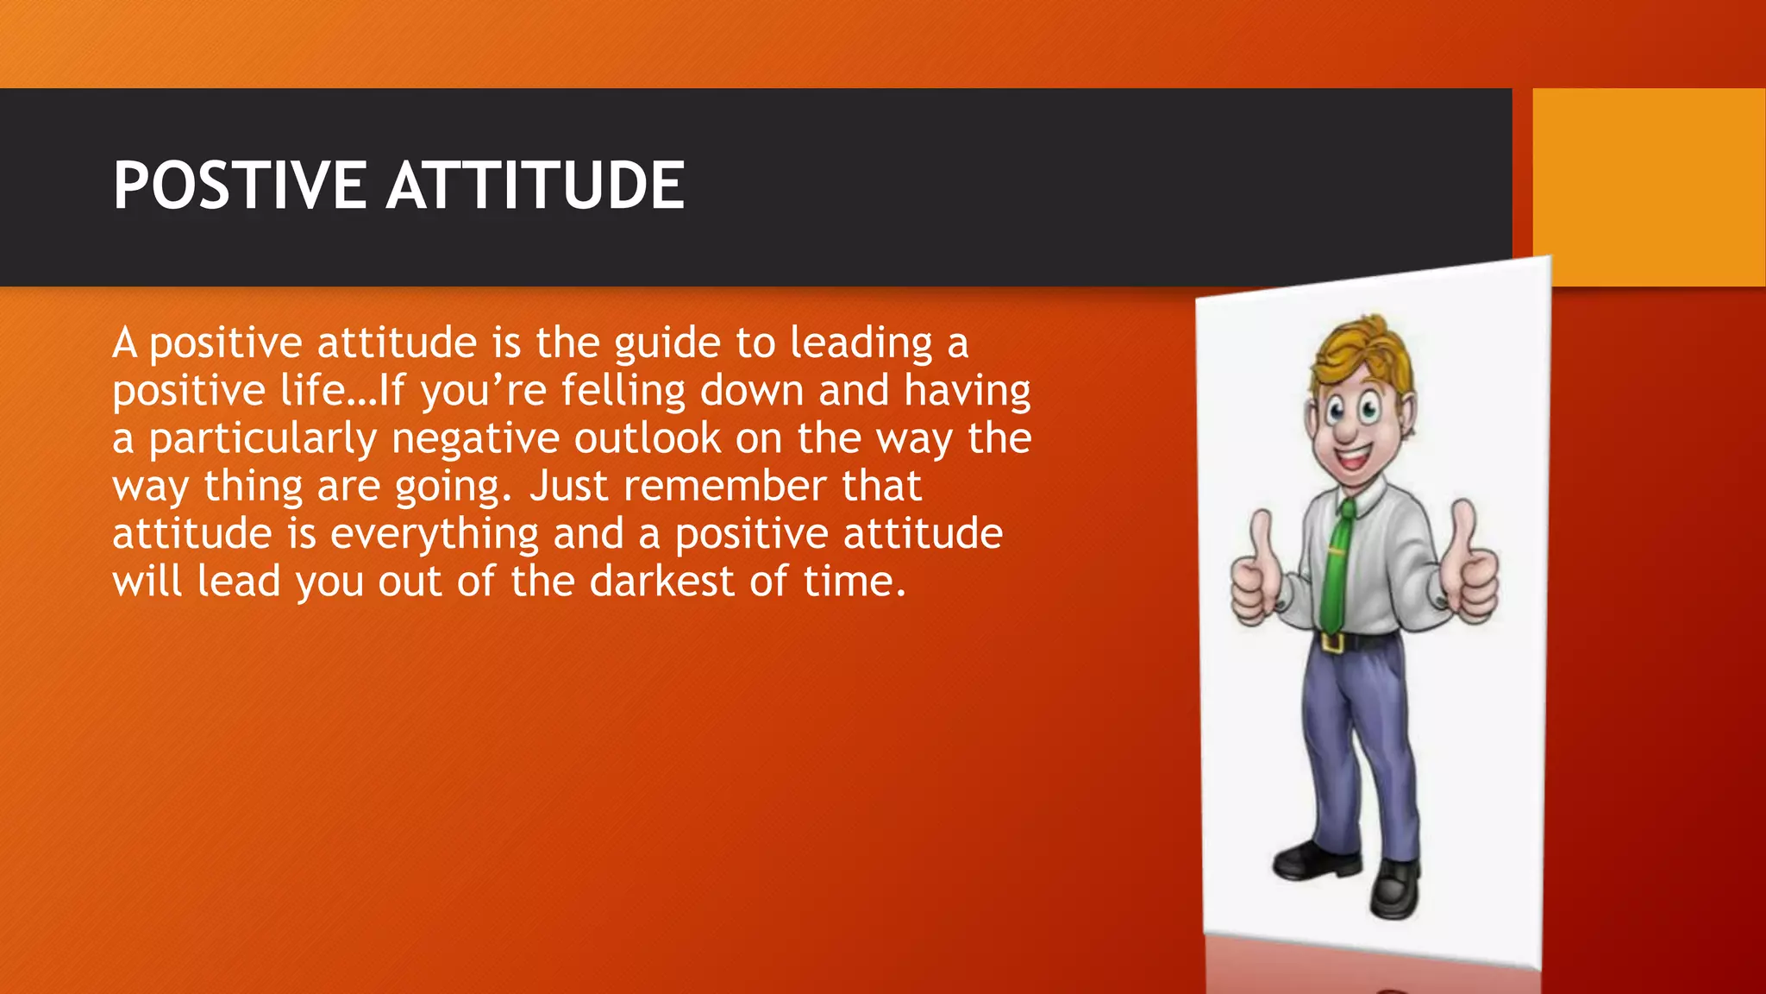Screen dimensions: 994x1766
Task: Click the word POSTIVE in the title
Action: click(239, 186)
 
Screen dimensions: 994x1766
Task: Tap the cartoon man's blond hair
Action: click(1362, 349)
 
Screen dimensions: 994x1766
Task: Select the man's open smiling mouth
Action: click(1352, 455)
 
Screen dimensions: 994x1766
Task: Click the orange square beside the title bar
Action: click(1648, 186)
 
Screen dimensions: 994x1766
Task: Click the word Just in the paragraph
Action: click(568, 486)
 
